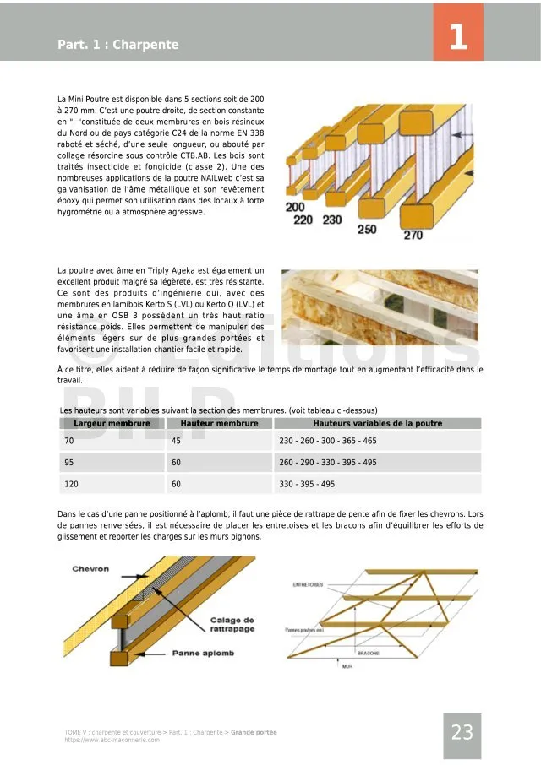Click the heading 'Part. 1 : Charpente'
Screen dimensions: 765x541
click(118, 45)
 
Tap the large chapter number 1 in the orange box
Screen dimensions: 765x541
click(458, 37)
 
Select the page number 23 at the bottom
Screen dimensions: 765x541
click(462, 733)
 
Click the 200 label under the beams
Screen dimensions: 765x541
click(295, 207)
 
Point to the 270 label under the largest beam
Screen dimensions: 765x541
click(413, 236)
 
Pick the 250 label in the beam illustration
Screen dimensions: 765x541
click(367, 229)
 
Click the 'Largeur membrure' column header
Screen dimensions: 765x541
click(112, 423)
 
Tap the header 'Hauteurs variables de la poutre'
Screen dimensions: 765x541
click(377, 423)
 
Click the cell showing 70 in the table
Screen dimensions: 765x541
click(69, 441)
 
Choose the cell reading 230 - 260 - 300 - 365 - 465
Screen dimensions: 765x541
click(328, 441)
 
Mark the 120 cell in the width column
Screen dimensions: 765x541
click(71, 485)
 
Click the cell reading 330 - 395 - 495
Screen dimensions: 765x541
click(307, 485)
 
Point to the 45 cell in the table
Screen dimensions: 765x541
click(176, 441)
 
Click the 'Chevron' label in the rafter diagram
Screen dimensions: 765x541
click(90, 569)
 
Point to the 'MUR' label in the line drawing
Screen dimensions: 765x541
click(347, 666)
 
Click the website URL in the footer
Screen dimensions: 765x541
click(112, 740)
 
